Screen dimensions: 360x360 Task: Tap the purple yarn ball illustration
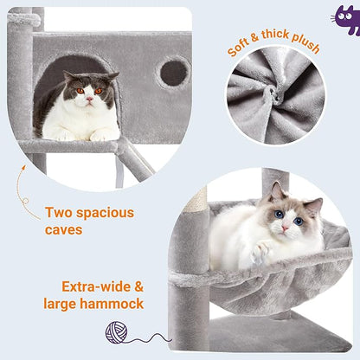pyautogui.click(x=117, y=331)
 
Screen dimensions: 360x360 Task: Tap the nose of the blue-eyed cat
pyautogui.click(x=284, y=228)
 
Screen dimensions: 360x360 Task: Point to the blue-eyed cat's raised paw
pyautogui.click(x=260, y=253)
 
